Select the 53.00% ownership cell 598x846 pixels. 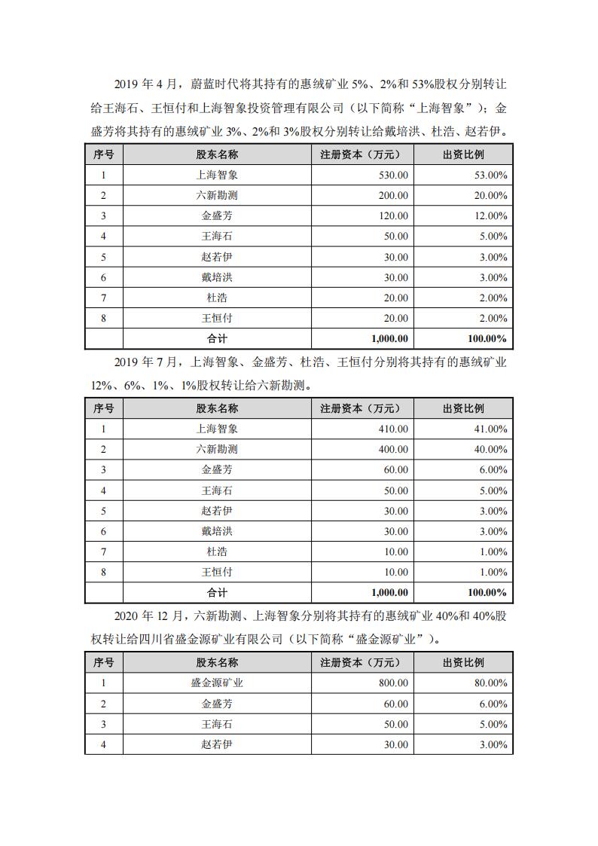(x=487, y=175)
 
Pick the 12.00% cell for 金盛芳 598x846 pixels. (x=487, y=215)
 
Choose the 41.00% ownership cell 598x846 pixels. (x=487, y=429)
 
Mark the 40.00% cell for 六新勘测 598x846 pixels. (x=487, y=449)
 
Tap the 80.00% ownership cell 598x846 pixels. (x=487, y=683)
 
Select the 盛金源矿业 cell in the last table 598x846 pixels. (x=217, y=683)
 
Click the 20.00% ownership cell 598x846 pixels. (x=487, y=195)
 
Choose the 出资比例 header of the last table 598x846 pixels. (x=463, y=663)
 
